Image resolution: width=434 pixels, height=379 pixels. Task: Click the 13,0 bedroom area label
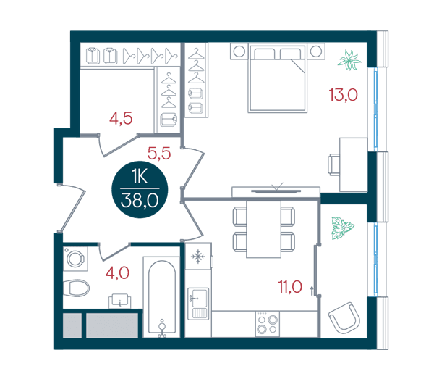pos(343,95)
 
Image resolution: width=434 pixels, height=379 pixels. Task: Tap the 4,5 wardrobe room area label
pos(121,118)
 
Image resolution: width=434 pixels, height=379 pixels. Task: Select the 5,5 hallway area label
pos(159,154)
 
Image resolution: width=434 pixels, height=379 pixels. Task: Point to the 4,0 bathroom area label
pos(117,273)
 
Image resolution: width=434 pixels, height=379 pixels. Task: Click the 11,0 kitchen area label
pos(290,287)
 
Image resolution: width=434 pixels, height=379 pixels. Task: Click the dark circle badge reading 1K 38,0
pos(140,190)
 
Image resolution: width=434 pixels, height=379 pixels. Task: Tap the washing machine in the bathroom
pos(75,259)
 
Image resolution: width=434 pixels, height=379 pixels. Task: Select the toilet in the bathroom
pos(76,288)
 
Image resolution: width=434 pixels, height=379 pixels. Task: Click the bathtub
pos(162,297)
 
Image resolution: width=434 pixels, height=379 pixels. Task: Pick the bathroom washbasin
pos(120,301)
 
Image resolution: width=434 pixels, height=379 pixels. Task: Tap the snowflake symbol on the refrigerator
pos(198,257)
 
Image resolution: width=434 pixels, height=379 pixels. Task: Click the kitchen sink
pos(198,304)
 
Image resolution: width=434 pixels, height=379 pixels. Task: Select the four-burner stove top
pos(268,324)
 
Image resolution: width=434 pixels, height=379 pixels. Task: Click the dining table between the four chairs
pos(263,229)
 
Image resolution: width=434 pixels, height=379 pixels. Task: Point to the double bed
pos(278,78)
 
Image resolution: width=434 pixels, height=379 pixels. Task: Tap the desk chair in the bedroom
pos(334,165)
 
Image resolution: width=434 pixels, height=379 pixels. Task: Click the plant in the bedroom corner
pos(350,60)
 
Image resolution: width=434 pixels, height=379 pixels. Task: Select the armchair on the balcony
pos(344,317)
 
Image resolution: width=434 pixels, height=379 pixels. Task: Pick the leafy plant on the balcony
pos(343,228)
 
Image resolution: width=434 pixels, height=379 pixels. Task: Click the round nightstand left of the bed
pos(239,51)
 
